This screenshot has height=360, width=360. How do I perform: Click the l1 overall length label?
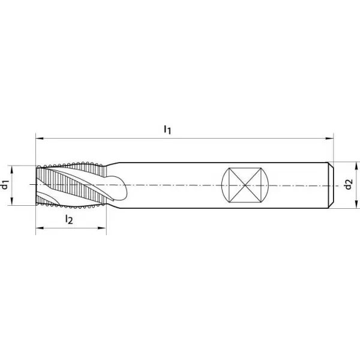(x=167, y=130)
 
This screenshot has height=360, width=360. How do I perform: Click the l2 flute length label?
(x=69, y=219)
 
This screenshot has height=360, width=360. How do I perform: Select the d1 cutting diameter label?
(x=5, y=185)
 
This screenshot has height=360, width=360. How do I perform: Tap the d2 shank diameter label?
(x=349, y=185)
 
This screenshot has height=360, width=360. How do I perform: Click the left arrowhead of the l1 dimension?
(x=40, y=139)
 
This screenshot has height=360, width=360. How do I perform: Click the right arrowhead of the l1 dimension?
(x=329, y=139)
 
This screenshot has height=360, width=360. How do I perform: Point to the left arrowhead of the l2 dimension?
(x=40, y=228)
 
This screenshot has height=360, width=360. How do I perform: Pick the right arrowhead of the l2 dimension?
(x=103, y=228)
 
